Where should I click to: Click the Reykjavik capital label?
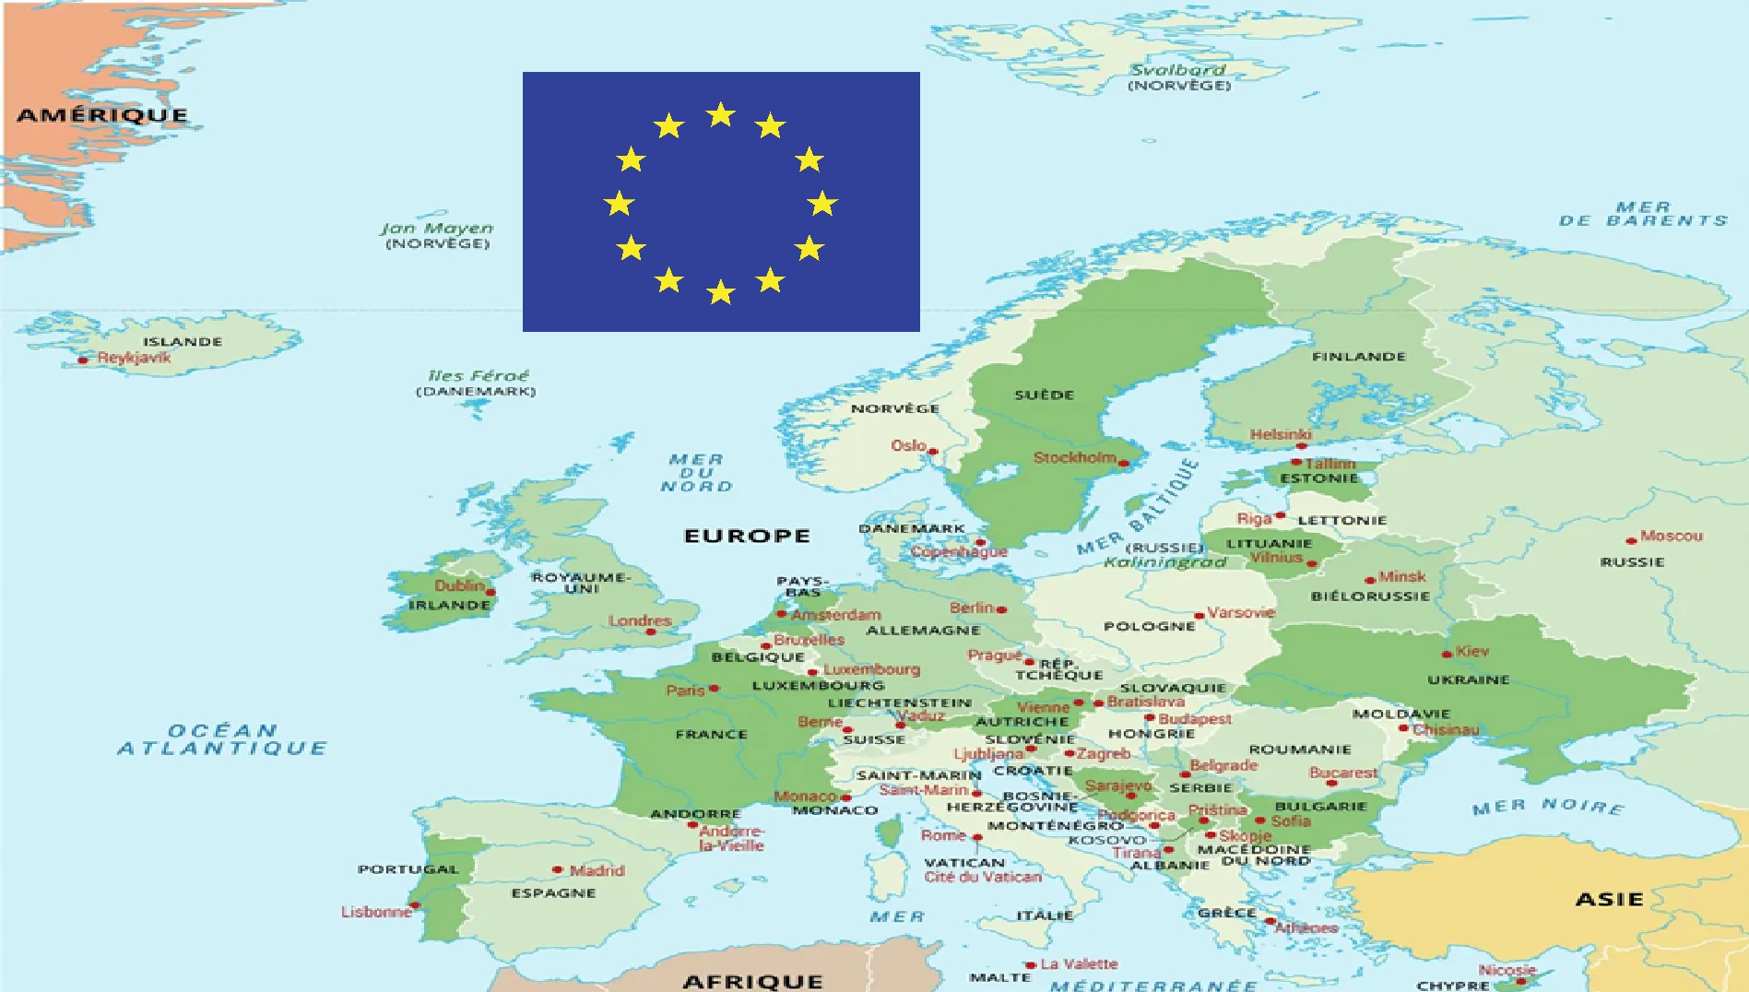point(135,358)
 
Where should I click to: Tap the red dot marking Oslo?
point(933,452)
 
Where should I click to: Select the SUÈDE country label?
point(1045,396)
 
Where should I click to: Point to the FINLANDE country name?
point(1359,357)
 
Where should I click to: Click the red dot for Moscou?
point(1631,540)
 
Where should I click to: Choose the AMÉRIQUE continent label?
point(102,115)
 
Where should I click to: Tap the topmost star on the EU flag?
point(720,115)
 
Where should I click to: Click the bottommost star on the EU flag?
point(720,293)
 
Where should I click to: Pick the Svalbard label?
point(1178,70)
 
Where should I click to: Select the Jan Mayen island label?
point(437,229)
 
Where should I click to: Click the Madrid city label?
point(597,870)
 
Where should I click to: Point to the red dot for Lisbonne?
point(415,906)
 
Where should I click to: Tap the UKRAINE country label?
point(1469,680)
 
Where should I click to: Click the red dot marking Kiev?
point(1448,654)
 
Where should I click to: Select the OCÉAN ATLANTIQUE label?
point(222,739)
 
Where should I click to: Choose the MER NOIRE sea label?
point(1548,807)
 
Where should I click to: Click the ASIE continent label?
point(1610,899)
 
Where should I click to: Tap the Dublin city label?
point(459,585)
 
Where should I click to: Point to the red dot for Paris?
point(714,688)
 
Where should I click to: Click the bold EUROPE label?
point(747,536)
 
